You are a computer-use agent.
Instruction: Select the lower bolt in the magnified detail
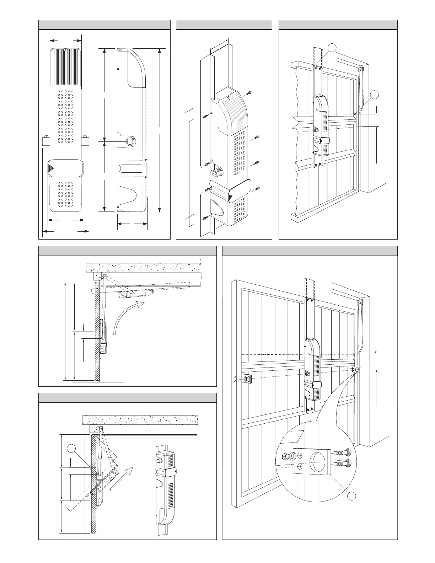[342, 464]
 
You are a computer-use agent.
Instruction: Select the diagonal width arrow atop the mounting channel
[219, 46]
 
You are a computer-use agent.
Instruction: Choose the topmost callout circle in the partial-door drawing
[332, 48]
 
